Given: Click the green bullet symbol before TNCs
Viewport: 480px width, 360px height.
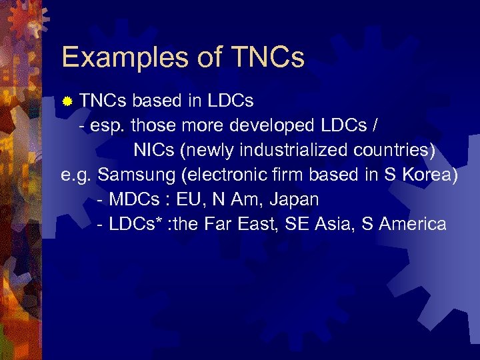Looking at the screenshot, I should (67, 102).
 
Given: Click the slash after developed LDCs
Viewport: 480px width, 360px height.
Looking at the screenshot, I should (379, 125).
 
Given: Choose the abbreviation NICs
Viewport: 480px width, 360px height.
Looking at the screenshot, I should (155, 150).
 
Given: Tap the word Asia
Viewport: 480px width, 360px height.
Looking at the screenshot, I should (331, 223).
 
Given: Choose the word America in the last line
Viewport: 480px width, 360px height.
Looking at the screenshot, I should (413, 223).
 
